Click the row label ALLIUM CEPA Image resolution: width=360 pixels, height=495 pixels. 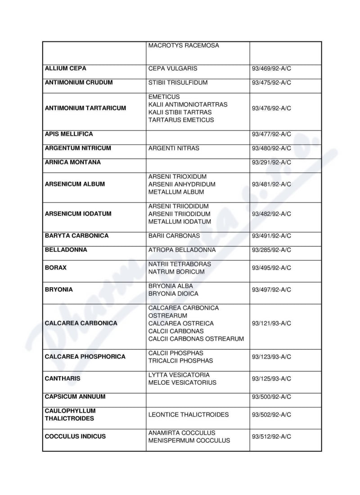[66, 68]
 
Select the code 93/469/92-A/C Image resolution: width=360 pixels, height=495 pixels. [271, 69]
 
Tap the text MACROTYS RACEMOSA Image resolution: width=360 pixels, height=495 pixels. [184, 45]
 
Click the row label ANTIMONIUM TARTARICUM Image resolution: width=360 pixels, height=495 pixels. [85, 108]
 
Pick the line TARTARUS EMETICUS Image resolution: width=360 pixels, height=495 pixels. [181, 120]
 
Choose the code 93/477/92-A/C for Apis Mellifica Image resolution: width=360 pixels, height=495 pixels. [271, 134]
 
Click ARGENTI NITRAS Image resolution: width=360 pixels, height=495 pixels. [174, 148]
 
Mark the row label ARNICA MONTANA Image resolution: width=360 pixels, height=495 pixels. [73, 162]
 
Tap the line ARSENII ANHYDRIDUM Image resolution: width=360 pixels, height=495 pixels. [182, 184]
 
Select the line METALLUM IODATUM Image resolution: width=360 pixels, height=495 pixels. [180, 221]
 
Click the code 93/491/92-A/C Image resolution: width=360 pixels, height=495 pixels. [271, 236]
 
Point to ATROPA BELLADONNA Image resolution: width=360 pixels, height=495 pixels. [182, 250]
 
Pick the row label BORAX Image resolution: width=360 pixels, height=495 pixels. [56, 267]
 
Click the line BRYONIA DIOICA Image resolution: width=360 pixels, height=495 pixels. [173, 293]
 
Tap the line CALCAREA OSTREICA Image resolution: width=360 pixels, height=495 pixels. [181, 323]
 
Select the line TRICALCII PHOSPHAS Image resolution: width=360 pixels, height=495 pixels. [180, 360]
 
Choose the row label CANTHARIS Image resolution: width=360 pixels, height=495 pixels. [63, 378]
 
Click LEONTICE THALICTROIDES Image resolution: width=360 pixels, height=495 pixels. [189, 414]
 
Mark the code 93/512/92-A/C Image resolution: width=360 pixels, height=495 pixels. [271, 436]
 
